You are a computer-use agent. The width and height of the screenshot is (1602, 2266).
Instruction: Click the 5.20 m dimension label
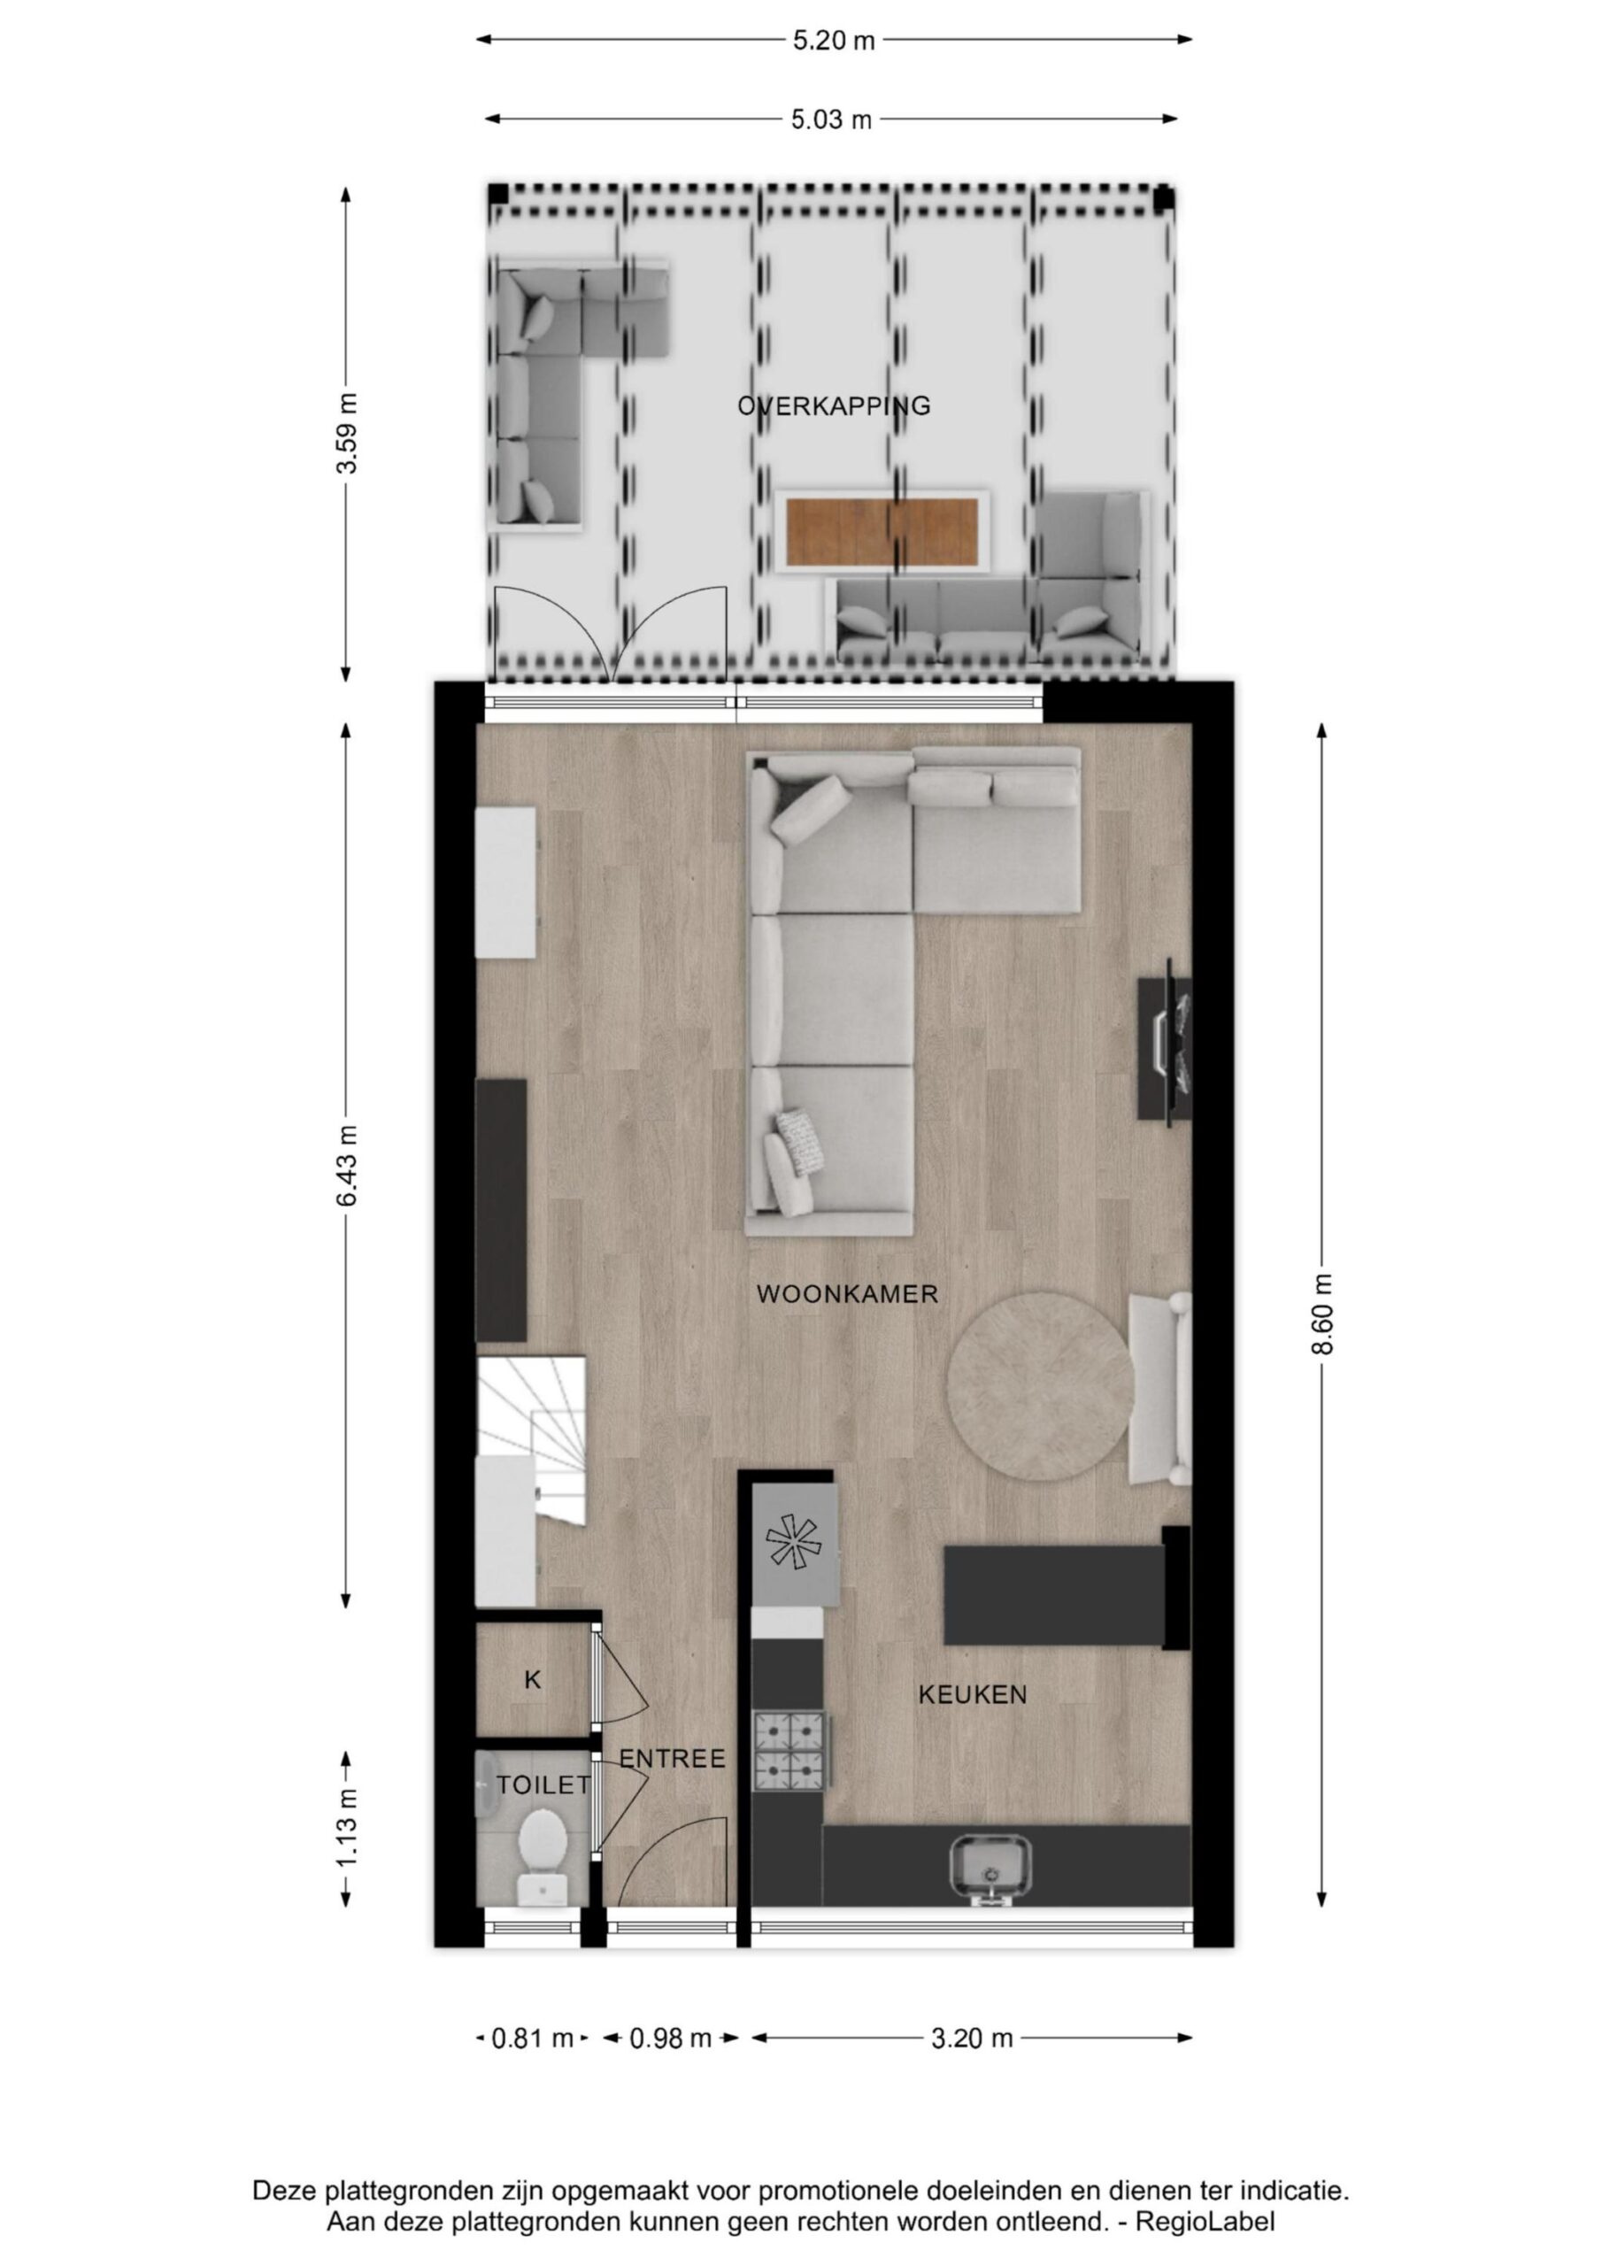[x=833, y=41]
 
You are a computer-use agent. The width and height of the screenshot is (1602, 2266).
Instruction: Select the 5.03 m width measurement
[x=831, y=119]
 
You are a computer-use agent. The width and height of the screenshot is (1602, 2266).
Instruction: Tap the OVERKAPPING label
[x=834, y=405]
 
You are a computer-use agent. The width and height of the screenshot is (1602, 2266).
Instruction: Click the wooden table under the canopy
[x=882, y=532]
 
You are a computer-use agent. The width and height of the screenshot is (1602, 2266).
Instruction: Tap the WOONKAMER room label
[x=847, y=1294]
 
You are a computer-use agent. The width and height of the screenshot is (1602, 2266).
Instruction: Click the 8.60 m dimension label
[x=1322, y=1314]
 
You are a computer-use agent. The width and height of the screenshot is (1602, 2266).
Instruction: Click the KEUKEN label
[x=972, y=1694]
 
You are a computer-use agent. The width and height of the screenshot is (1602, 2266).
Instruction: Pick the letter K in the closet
[x=533, y=1680]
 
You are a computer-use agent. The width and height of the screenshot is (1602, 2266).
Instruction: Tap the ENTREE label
[x=672, y=1759]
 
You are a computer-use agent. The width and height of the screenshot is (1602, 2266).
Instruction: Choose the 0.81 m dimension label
[x=533, y=2038]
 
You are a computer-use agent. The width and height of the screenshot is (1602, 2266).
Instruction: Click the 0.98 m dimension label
[x=671, y=2038]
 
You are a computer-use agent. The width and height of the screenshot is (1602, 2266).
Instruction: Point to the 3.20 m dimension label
[x=972, y=2038]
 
